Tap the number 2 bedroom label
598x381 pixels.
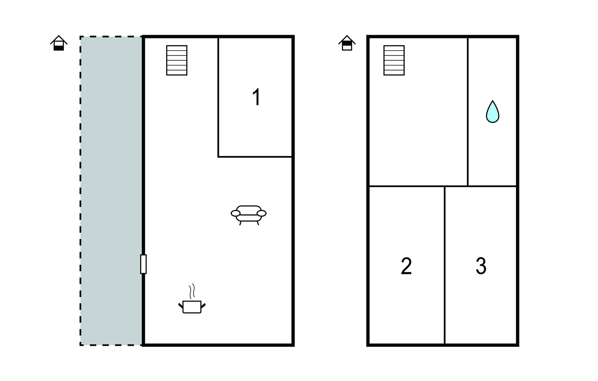(x=406, y=266)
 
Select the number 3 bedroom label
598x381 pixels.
(x=481, y=266)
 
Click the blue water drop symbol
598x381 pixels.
(x=493, y=112)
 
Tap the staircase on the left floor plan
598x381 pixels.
(x=177, y=60)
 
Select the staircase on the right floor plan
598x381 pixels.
(x=394, y=60)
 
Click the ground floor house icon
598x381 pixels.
(x=59, y=43)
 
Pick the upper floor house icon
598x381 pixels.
(x=347, y=43)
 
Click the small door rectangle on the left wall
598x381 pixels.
(x=143, y=264)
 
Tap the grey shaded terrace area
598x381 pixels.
(x=111, y=191)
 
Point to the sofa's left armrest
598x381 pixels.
(x=235, y=213)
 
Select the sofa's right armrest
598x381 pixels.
(x=262, y=213)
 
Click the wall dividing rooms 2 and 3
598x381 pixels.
(x=445, y=265)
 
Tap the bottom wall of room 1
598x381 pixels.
(x=255, y=157)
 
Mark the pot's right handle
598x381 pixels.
(x=203, y=306)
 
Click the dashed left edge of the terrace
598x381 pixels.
(x=81, y=191)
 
